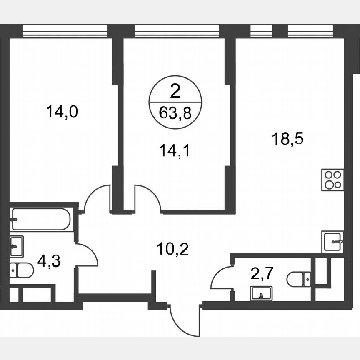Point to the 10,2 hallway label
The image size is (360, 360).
[x=173, y=250]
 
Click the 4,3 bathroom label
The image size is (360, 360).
[x=47, y=262]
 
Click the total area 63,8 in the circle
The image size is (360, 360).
[x=175, y=113]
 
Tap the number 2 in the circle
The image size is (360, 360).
[x=175, y=91]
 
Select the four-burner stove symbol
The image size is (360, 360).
[x=332, y=180]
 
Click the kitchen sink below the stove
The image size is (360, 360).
[x=332, y=242]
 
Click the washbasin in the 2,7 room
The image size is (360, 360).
[x=261, y=293]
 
